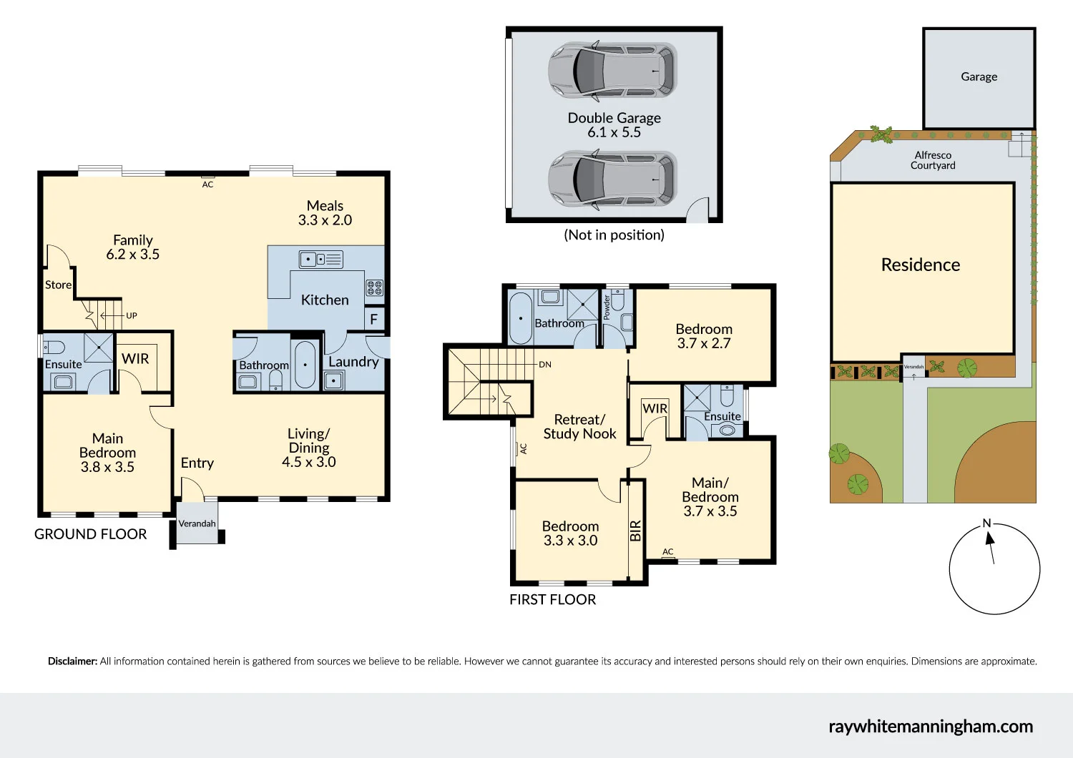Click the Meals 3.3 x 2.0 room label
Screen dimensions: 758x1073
(x=325, y=213)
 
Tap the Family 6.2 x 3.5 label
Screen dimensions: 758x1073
(x=133, y=247)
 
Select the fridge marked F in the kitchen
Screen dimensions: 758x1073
(x=373, y=320)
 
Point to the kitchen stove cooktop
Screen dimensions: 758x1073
(x=375, y=287)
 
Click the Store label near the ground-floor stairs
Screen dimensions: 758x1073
(x=58, y=285)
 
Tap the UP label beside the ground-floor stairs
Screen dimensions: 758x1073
(x=132, y=315)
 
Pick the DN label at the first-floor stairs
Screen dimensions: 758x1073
(x=545, y=365)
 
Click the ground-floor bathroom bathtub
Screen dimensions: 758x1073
(x=305, y=365)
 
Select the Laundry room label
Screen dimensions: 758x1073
(x=353, y=362)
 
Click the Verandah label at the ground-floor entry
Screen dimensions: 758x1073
(x=197, y=523)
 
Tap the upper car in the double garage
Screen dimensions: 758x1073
(x=612, y=70)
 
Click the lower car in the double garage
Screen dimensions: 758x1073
(x=612, y=179)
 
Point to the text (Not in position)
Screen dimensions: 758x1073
(x=614, y=235)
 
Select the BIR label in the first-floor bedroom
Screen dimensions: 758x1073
(x=635, y=531)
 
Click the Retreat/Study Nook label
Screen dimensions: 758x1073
(x=579, y=427)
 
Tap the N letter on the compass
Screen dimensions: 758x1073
(x=987, y=523)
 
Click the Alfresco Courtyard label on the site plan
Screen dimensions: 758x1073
(x=933, y=160)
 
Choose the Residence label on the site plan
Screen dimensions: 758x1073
(x=921, y=265)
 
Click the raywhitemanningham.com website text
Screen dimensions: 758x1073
(x=931, y=727)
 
